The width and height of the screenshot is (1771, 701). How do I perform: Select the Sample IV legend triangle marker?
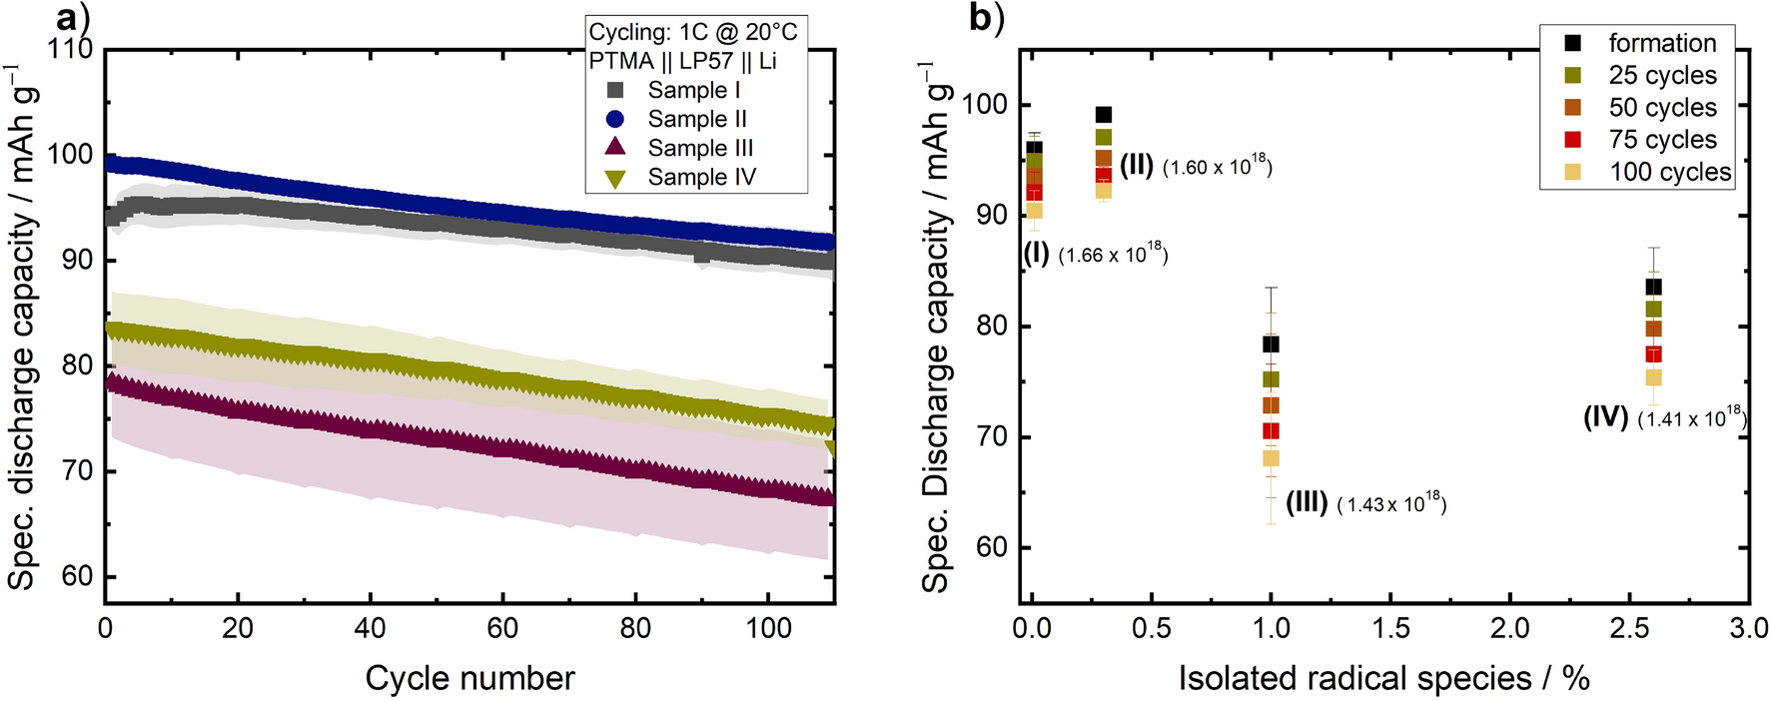(616, 179)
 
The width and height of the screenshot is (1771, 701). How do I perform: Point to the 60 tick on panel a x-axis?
(502, 628)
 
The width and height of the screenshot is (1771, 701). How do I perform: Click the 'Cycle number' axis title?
(469, 678)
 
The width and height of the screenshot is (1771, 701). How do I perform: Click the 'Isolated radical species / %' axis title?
(1383, 678)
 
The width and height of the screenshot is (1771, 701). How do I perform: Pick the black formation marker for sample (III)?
(1271, 345)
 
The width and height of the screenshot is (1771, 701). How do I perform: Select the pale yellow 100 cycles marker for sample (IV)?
(1653, 377)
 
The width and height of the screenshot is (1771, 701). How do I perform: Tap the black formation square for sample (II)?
(1103, 115)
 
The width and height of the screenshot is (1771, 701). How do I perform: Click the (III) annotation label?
(1307, 502)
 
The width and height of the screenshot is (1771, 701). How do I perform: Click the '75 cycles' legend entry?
(1662, 140)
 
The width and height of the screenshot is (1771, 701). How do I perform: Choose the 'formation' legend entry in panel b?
(1662, 43)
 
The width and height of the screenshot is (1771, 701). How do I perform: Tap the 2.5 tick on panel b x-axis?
(1629, 628)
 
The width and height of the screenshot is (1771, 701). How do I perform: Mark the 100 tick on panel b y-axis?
(984, 105)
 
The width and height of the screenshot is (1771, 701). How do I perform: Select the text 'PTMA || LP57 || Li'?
(682, 61)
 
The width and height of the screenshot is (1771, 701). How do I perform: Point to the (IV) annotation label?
(1606, 416)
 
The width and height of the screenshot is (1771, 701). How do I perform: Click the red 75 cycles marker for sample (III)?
(1271, 431)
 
